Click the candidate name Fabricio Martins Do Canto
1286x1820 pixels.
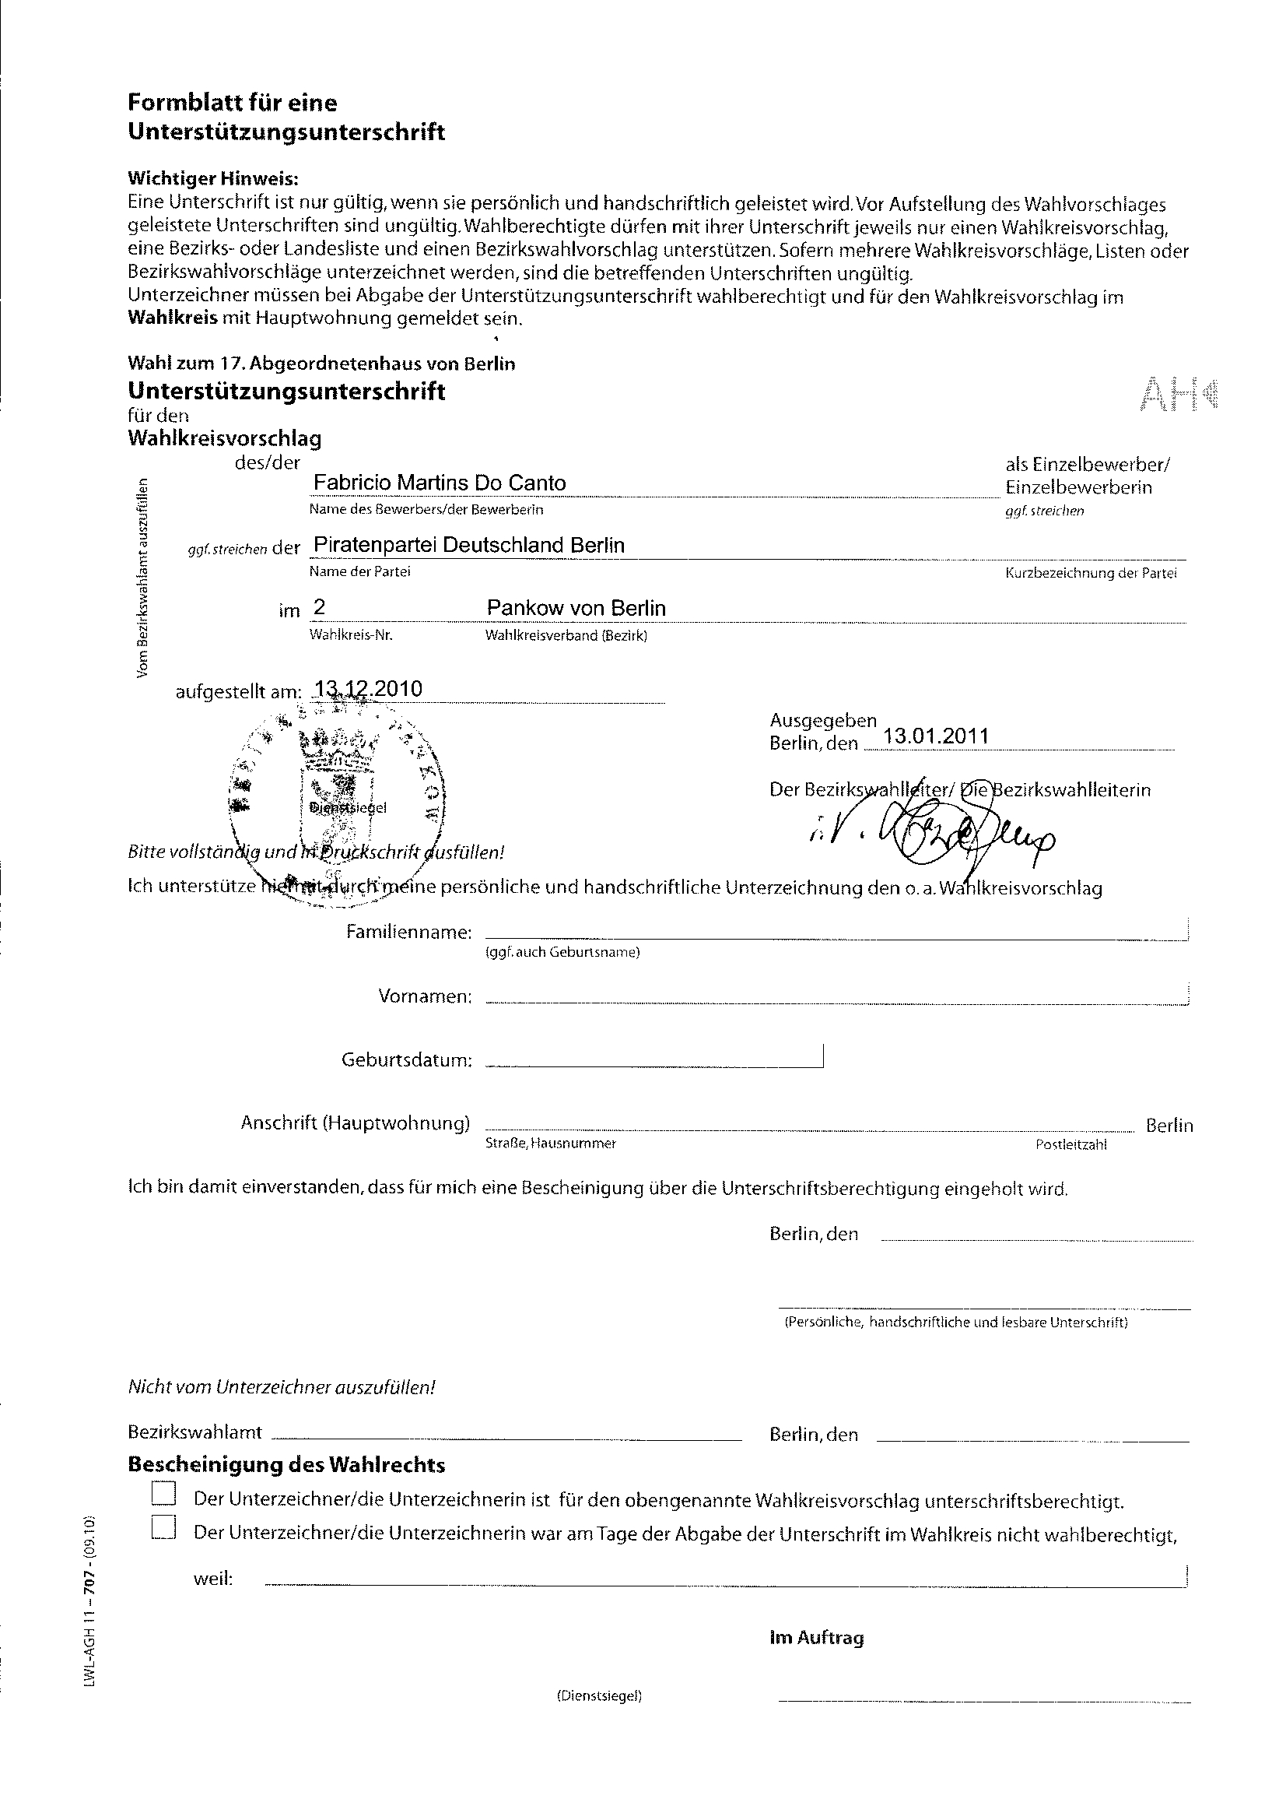coord(440,483)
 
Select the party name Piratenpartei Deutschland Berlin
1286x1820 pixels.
coord(469,546)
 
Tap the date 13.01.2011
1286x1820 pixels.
coord(936,736)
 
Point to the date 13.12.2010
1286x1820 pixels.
coord(369,689)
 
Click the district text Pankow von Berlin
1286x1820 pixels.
coord(576,608)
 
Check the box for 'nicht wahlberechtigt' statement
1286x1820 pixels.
coord(163,1527)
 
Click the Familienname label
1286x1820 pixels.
coord(409,933)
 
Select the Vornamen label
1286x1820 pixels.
coord(426,996)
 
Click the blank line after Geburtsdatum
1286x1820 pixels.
coord(653,1064)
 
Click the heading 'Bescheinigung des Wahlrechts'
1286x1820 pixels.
coord(286,1465)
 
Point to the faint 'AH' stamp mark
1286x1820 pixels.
coord(1179,394)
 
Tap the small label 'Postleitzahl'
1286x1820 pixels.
coord(1070,1144)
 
